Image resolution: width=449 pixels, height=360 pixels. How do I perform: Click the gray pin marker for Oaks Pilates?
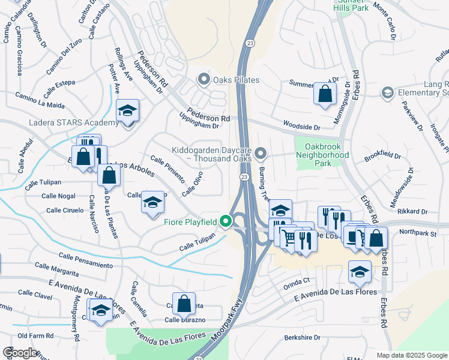204,79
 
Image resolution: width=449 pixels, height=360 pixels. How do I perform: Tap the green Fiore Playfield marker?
226,222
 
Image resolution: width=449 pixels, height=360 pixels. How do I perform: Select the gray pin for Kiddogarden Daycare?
261,154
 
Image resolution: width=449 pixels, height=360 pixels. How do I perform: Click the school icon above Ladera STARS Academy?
127,111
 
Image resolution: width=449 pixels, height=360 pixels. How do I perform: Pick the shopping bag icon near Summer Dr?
325,94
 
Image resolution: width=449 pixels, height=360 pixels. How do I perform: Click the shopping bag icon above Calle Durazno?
184,303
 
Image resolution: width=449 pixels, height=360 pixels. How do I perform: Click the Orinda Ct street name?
297,280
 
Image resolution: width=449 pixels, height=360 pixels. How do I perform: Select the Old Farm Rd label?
36,335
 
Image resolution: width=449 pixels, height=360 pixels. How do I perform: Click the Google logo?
20,352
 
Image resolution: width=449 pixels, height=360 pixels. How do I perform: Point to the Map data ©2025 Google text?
412,355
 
